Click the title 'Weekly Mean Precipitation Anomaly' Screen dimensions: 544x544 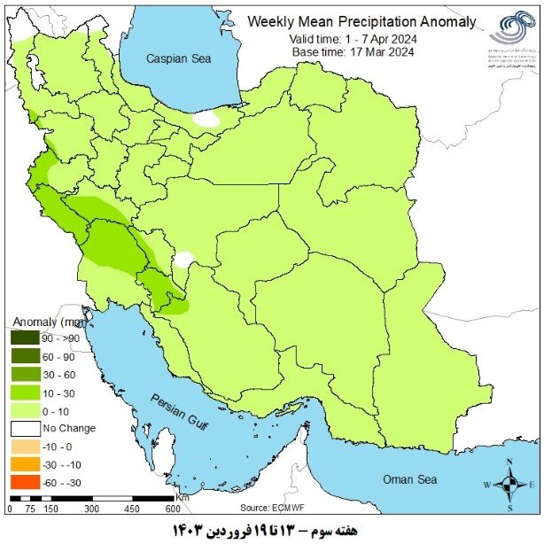pyautogui.click(x=361, y=21)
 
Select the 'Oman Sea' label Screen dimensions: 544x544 pyautogui.click(x=409, y=479)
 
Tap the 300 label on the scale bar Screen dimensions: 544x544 pyautogui.click(x=91, y=509)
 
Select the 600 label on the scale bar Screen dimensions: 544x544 pyautogui.click(x=172, y=509)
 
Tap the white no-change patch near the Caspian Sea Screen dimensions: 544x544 pyautogui.click(x=206, y=118)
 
